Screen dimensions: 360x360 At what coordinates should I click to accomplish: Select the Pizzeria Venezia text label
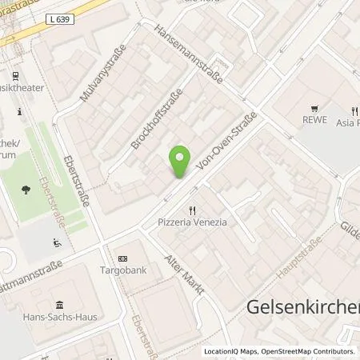tap(193, 222)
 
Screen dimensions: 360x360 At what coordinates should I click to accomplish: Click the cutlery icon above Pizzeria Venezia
tap(193, 210)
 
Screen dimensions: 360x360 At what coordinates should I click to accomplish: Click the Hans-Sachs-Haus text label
tap(60, 317)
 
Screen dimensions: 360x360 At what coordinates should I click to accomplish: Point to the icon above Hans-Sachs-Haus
tap(60, 305)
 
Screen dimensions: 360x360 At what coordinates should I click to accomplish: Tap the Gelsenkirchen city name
tap(300, 307)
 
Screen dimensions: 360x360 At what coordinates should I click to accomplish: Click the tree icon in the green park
tap(27, 190)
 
